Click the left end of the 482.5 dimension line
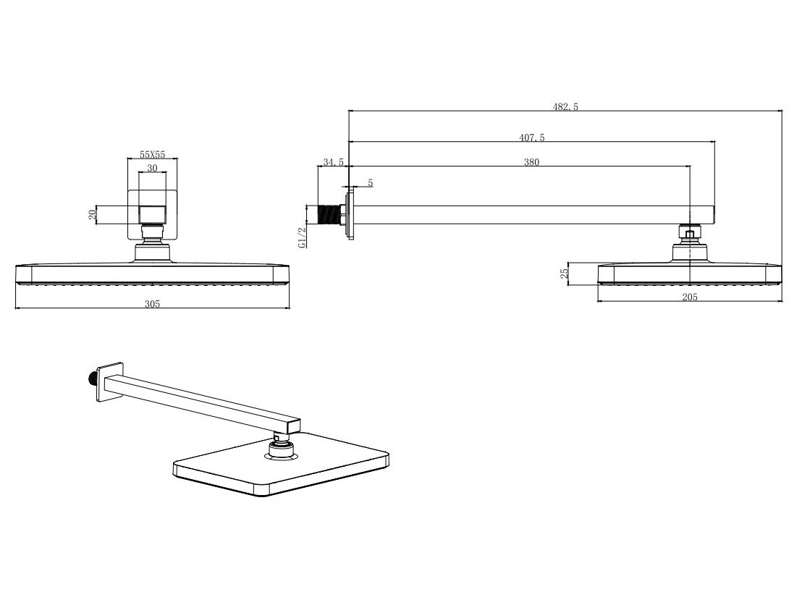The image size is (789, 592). click(x=348, y=111)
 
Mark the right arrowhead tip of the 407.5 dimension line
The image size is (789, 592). click(x=714, y=142)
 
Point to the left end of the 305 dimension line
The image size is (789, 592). click(x=16, y=308)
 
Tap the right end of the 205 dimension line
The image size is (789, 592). click(x=782, y=301)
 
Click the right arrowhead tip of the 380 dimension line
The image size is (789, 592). click(x=689, y=166)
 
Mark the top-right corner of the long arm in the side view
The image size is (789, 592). click(x=714, y=206)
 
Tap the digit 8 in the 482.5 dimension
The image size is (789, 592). click(x=561, y=106)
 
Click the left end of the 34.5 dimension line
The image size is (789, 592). click(x=318, y=166)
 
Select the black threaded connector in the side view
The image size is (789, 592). click(x=329, y=214)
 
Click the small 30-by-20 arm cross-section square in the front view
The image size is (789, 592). click(x=153, y=214)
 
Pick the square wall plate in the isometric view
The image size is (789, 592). click(x=110, y=381)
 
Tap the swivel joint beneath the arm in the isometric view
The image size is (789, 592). click(x=283, y=444)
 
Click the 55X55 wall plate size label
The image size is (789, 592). click(x=153, y=155)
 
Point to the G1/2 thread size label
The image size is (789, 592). click(x=302, y=237)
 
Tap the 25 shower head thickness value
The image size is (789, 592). click(x=565, y=273)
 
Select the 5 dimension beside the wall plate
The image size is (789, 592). click(x=371, y=183)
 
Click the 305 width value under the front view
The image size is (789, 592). click(x=153, y=303)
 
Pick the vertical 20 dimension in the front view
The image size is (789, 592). click(x=92, y=215)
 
